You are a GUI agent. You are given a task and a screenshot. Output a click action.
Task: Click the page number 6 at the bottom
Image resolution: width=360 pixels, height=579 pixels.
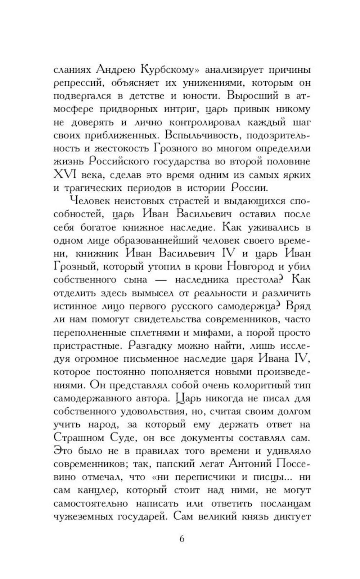click(x=181, y=539)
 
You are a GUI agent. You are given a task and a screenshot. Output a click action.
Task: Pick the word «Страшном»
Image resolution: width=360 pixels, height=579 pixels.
click(x=79, y=438)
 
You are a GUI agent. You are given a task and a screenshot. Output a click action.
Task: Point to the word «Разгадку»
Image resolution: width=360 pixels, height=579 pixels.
click(x=150, y=345)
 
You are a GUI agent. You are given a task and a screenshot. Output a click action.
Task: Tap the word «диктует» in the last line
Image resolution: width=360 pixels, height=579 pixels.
click(x=292, y=517)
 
